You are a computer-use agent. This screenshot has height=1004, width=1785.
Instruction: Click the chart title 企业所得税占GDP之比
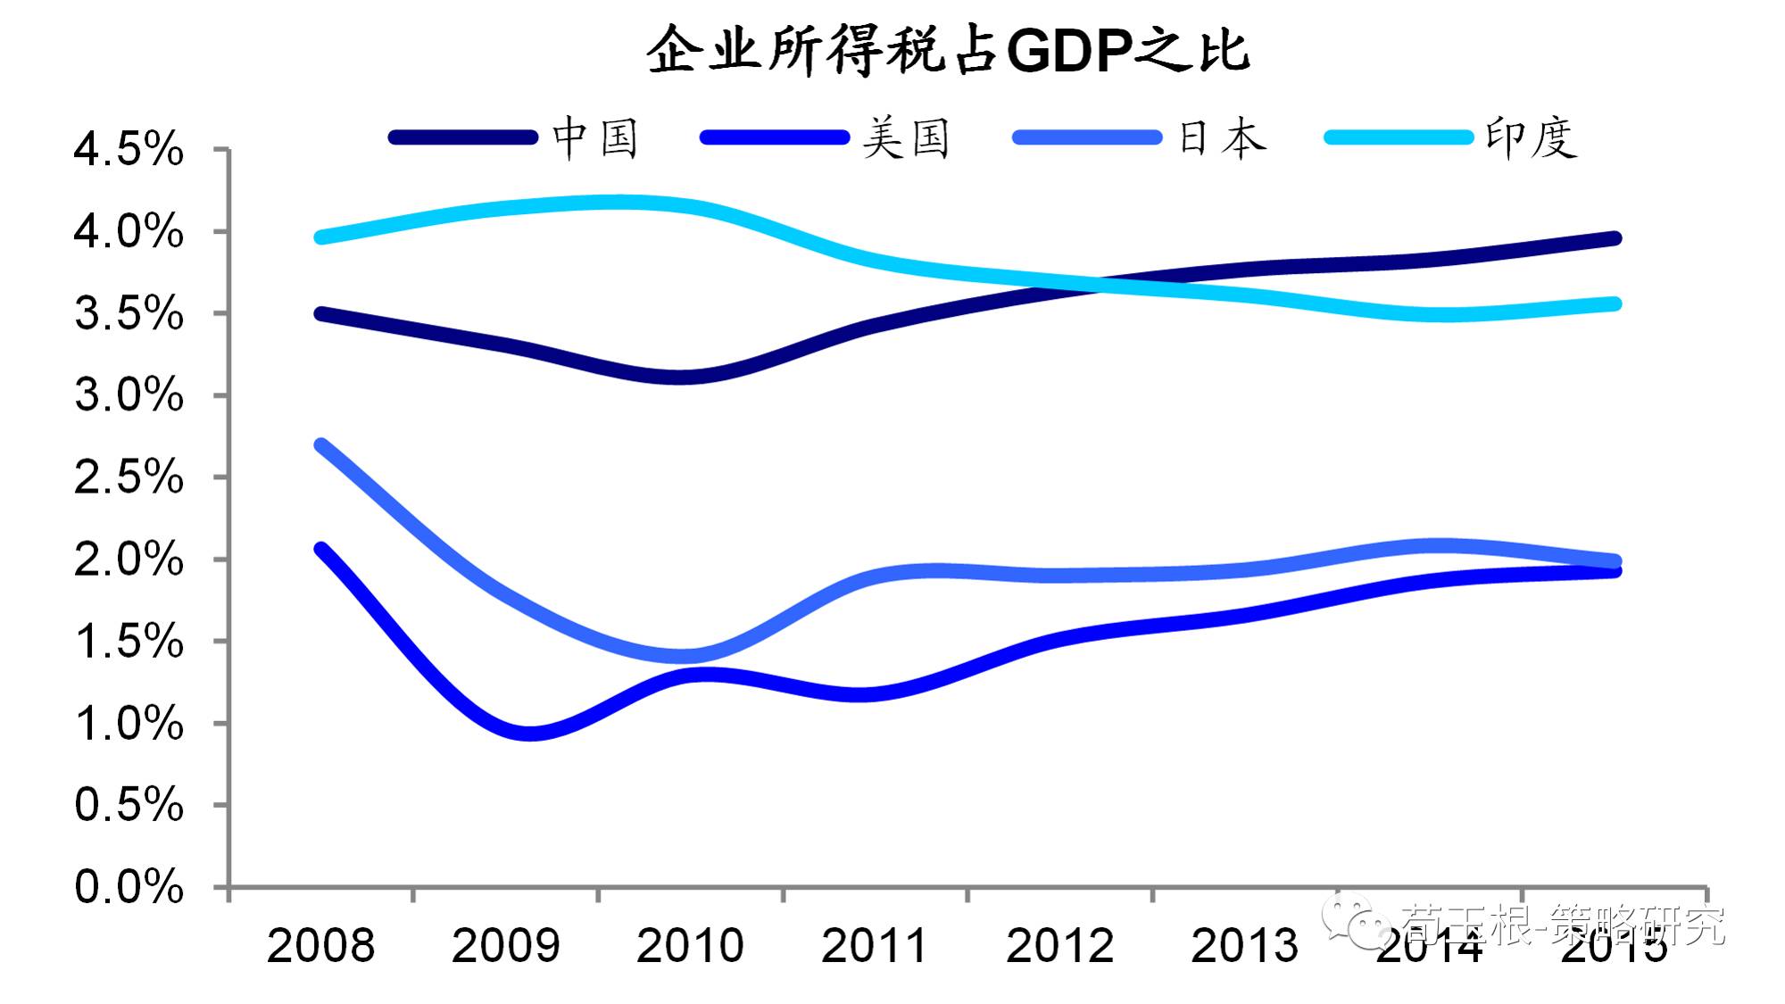948,50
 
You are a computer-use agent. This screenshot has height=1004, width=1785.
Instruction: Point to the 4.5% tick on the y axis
129,149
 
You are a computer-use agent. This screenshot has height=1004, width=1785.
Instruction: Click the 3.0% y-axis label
129,394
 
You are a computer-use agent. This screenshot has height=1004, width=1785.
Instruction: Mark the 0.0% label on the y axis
129,887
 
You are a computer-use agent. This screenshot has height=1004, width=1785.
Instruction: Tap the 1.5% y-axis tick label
129,642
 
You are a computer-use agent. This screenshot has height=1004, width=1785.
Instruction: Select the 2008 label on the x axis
320,946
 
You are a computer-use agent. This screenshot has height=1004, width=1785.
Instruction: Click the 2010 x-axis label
690,946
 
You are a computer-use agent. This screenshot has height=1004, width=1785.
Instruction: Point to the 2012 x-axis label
1059,946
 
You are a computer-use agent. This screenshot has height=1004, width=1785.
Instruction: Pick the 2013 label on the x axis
1244,946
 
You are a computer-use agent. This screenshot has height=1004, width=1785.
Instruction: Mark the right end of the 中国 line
1615,238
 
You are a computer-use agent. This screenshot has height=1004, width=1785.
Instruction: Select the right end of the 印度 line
1615,304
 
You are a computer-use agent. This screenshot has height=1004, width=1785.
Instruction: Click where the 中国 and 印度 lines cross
1100,286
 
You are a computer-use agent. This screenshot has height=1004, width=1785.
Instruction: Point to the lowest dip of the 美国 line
529,734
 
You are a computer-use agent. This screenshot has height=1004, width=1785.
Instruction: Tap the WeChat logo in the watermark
1356,922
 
